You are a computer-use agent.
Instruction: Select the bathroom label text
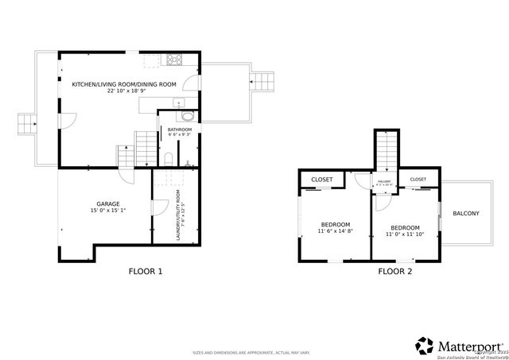178,129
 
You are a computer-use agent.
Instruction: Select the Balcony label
465,213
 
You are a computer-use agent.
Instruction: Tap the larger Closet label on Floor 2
321,180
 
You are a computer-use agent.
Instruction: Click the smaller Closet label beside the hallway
418,180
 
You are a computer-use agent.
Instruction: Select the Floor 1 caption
146,272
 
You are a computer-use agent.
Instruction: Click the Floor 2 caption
394,272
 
